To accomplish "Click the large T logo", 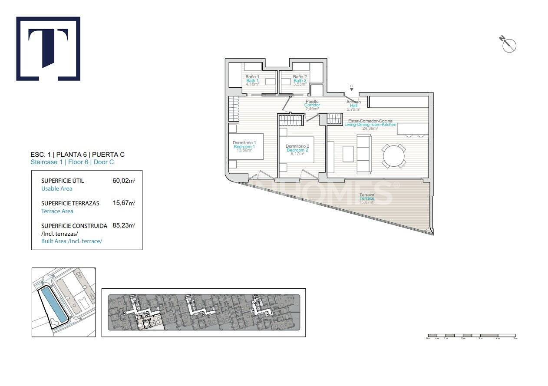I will (48, 49).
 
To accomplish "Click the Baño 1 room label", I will (252, 77).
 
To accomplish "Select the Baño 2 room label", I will (300, 77).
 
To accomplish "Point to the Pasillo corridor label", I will (312, 102).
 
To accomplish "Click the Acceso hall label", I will (353, 102).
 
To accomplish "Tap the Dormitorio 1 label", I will (244, 143).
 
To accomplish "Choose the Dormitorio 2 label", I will (297, 146).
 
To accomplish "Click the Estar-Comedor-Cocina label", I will (370, 121).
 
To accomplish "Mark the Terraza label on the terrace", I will (366, 195).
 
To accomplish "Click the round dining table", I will (394, 156).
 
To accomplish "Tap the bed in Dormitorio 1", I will (246, 146).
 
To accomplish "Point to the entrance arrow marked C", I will (351, 89).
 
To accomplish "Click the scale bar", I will (472, 336).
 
